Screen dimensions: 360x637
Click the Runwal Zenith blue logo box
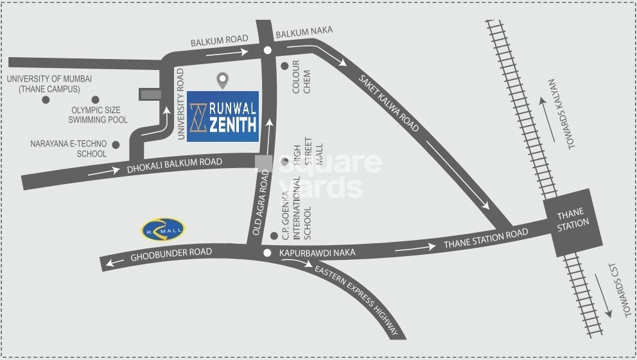pos(223,116)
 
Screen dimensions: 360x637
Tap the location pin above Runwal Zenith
pos(223,80)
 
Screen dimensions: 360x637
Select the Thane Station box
pos(573,218)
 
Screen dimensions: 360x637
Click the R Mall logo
pos(163,229)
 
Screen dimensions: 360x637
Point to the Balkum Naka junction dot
pos(268,49)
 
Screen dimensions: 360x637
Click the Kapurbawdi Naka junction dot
pos(267,253)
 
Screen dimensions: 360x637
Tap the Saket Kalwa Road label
pos(390,103)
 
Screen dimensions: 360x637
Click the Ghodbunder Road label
pos(171,254)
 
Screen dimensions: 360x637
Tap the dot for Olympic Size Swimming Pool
pos(95,99)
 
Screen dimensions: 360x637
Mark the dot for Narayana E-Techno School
pos(116,144)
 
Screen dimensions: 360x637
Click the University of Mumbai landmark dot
pos(45,99)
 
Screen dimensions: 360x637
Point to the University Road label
pos(181,104)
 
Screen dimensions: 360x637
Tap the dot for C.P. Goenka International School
pos(274,236)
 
